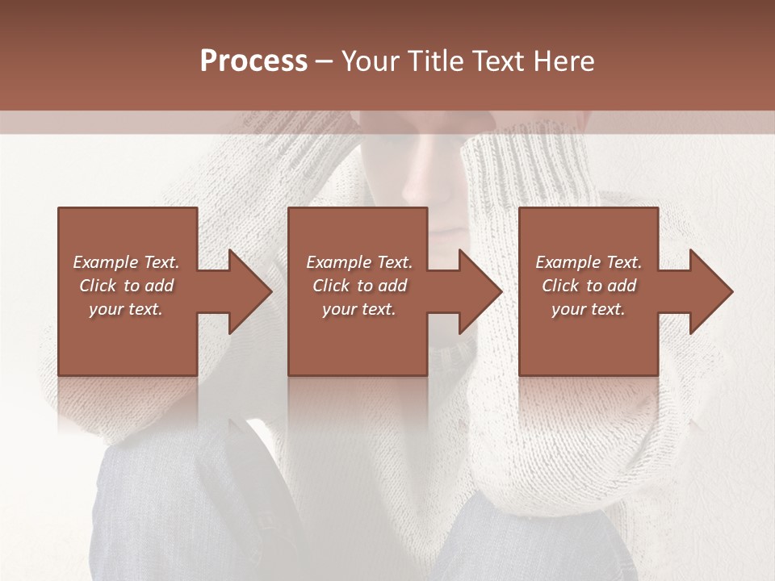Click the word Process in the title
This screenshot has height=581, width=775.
(x=253, y=61)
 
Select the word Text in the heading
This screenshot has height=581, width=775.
(x=498, y=61)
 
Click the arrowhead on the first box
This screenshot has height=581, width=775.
(x=242, y=291)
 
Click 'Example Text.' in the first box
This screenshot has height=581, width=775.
(x=126, y=262)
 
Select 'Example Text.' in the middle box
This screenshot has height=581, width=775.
(x=359, y=262)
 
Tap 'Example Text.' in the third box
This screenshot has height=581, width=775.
(x=589, y=262)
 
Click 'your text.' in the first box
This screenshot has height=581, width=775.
(x=126, y=309)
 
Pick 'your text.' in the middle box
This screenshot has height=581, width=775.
(x=359, y=309)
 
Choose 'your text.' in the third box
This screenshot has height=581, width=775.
(x=589, y=309)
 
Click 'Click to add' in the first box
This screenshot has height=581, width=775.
(x=126, y=286)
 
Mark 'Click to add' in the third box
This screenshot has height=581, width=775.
(x=589, y=286)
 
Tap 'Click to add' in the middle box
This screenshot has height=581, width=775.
(x=359, y=286)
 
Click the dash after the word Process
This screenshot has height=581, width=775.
(x=324, y=62)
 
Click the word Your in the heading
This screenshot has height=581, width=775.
(x=370, y=61)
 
